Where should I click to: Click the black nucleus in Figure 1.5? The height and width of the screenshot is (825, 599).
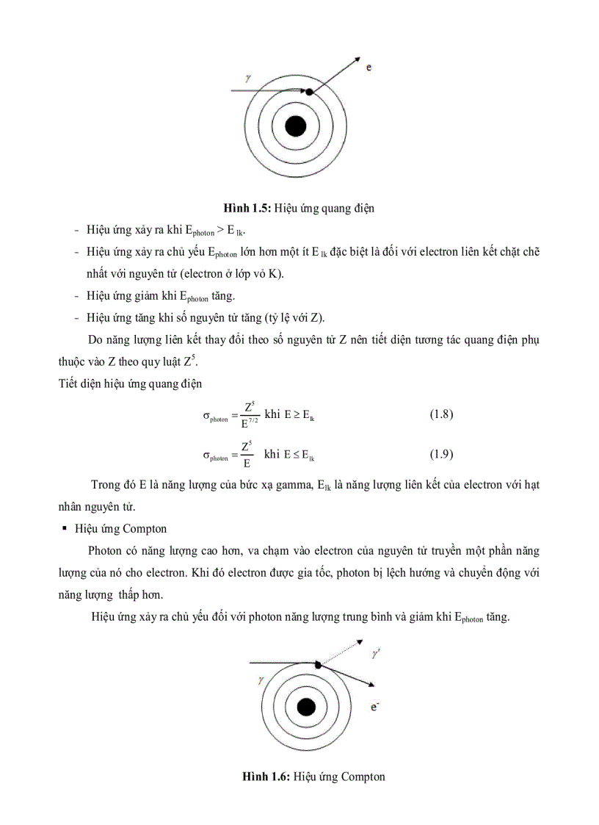click(295, 126)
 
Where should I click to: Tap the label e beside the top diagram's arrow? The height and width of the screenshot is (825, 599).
click(369, 68)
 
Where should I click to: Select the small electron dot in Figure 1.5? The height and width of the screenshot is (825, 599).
click(309, 92)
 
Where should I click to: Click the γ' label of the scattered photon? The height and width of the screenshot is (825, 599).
click(375, 653)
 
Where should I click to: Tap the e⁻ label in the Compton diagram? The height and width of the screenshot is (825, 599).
click(375, 707)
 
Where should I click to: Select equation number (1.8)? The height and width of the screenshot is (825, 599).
click(441, 414)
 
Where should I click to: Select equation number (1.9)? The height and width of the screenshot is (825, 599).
click(441, 454)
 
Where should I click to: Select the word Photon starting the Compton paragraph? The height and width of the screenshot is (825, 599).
click(105, 550)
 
